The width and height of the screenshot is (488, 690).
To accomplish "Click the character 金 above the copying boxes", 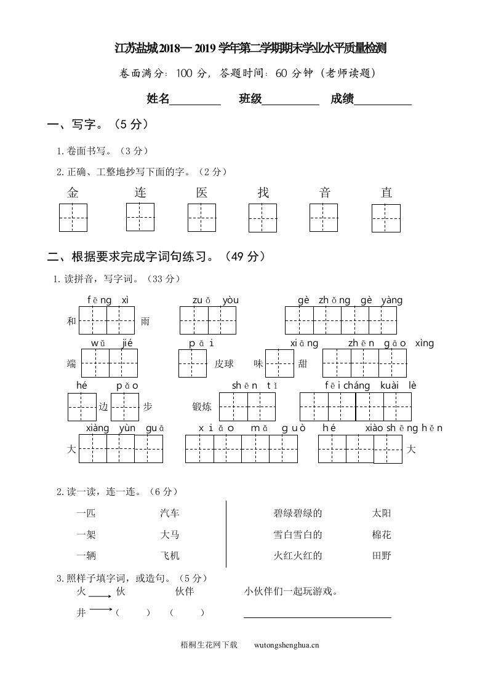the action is pos(73,192).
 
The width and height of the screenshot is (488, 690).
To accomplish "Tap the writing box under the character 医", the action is pos(202,218).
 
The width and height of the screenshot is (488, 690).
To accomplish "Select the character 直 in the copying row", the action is pos(386,192).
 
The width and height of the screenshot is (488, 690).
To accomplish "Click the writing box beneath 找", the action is pos(263,218).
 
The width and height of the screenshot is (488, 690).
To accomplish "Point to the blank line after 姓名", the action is pos(195,100).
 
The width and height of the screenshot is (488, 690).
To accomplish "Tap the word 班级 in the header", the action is pos(250,99).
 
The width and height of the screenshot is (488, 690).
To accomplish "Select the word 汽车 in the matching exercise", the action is pos(170,513).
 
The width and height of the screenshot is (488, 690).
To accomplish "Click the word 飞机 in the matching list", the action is pos(170,555).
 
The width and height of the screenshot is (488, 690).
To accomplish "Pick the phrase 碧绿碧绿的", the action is pos(298,513).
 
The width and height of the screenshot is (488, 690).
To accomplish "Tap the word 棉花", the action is pos(382,534).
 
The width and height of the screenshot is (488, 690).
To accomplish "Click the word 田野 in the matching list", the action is pos(382,555).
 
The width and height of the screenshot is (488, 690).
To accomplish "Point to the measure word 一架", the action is pos(86,534).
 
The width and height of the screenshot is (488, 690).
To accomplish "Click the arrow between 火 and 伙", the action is pos(100,596).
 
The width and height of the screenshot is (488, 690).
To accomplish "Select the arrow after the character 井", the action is pos(100,610).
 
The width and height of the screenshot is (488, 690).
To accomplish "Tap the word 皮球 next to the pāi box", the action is pos(224,363).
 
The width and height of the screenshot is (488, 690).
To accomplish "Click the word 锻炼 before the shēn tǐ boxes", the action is pos(202,406).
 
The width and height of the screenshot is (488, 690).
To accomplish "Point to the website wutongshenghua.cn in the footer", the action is pos(286,645).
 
